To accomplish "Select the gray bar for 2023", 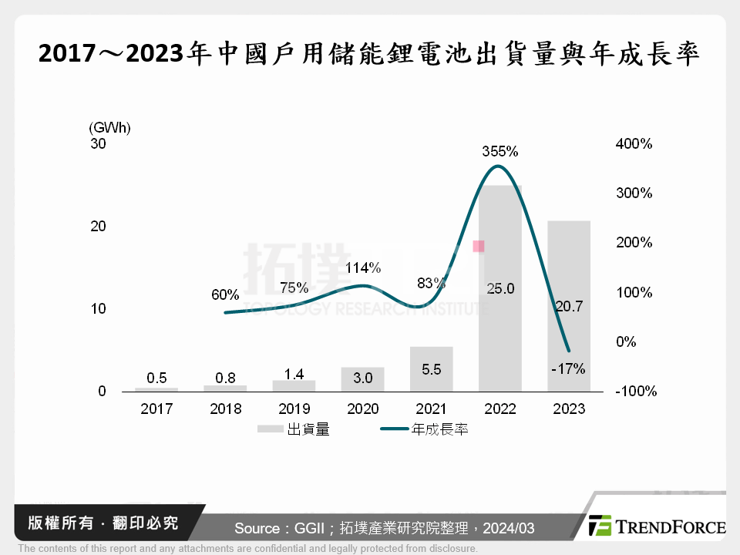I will (569, 339).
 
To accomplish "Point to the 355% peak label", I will (500, 152).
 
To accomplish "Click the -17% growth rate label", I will (568, 368).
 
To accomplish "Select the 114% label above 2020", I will (362, 268).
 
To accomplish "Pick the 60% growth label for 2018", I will (225, 294).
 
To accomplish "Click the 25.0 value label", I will (500, 289).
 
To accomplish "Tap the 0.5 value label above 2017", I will (156, 378).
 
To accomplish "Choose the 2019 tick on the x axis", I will (294, 409).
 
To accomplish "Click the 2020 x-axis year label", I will (362, 409).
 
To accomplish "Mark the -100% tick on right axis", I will (636, 392).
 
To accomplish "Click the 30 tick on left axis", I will (98, 144).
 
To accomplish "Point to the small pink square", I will (479, 246).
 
